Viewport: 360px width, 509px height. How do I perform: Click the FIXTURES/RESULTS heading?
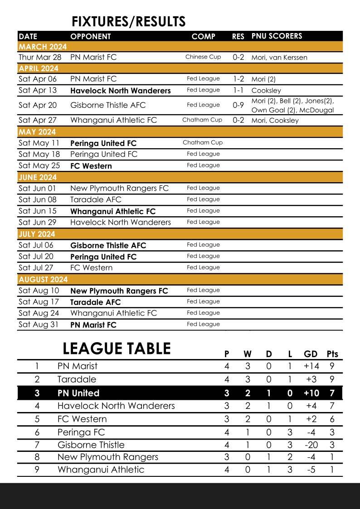tap(129, 21)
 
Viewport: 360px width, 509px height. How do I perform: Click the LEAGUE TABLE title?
tap(117, 349)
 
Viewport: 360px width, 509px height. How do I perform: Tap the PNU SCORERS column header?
tap(277, 36)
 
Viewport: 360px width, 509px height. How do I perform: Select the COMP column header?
tap(204, 36)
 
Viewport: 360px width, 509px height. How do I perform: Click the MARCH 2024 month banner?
tap(43, 47)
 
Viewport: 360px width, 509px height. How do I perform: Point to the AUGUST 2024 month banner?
tap(43, 279)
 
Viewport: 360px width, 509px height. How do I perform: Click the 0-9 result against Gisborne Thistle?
tap(238, 105)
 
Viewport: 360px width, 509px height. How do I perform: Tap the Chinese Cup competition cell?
tap(203, 57)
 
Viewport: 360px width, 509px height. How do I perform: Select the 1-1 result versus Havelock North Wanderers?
tap(238, 90)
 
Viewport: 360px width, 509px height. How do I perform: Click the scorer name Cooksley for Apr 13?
tap(266, 91)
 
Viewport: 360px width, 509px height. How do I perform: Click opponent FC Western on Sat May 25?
tap(91, 166)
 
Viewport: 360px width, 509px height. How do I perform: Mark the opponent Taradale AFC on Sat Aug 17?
tap(96, 302)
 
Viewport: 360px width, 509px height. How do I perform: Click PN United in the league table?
tap(78, 393)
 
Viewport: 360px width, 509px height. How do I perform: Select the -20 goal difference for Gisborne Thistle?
tap(311, 445)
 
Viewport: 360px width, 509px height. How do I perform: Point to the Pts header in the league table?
tap(332, 354)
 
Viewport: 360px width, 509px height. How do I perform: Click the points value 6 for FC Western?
tap(332, 419)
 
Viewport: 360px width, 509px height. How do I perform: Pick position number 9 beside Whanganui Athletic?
tap(37, 470)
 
